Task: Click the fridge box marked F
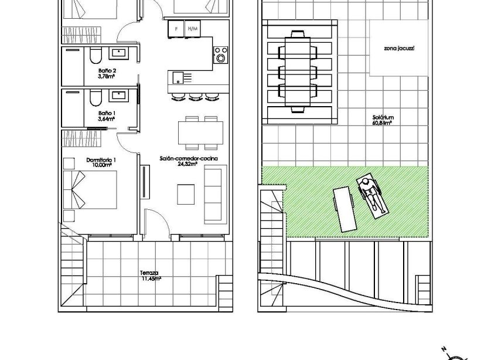pos(174,28)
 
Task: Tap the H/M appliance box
pos(191,28)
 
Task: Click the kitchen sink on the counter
pos(176,76)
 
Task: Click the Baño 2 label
pos(105,70)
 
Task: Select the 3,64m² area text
pos(106,118)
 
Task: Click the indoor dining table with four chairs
pos(200,133)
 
